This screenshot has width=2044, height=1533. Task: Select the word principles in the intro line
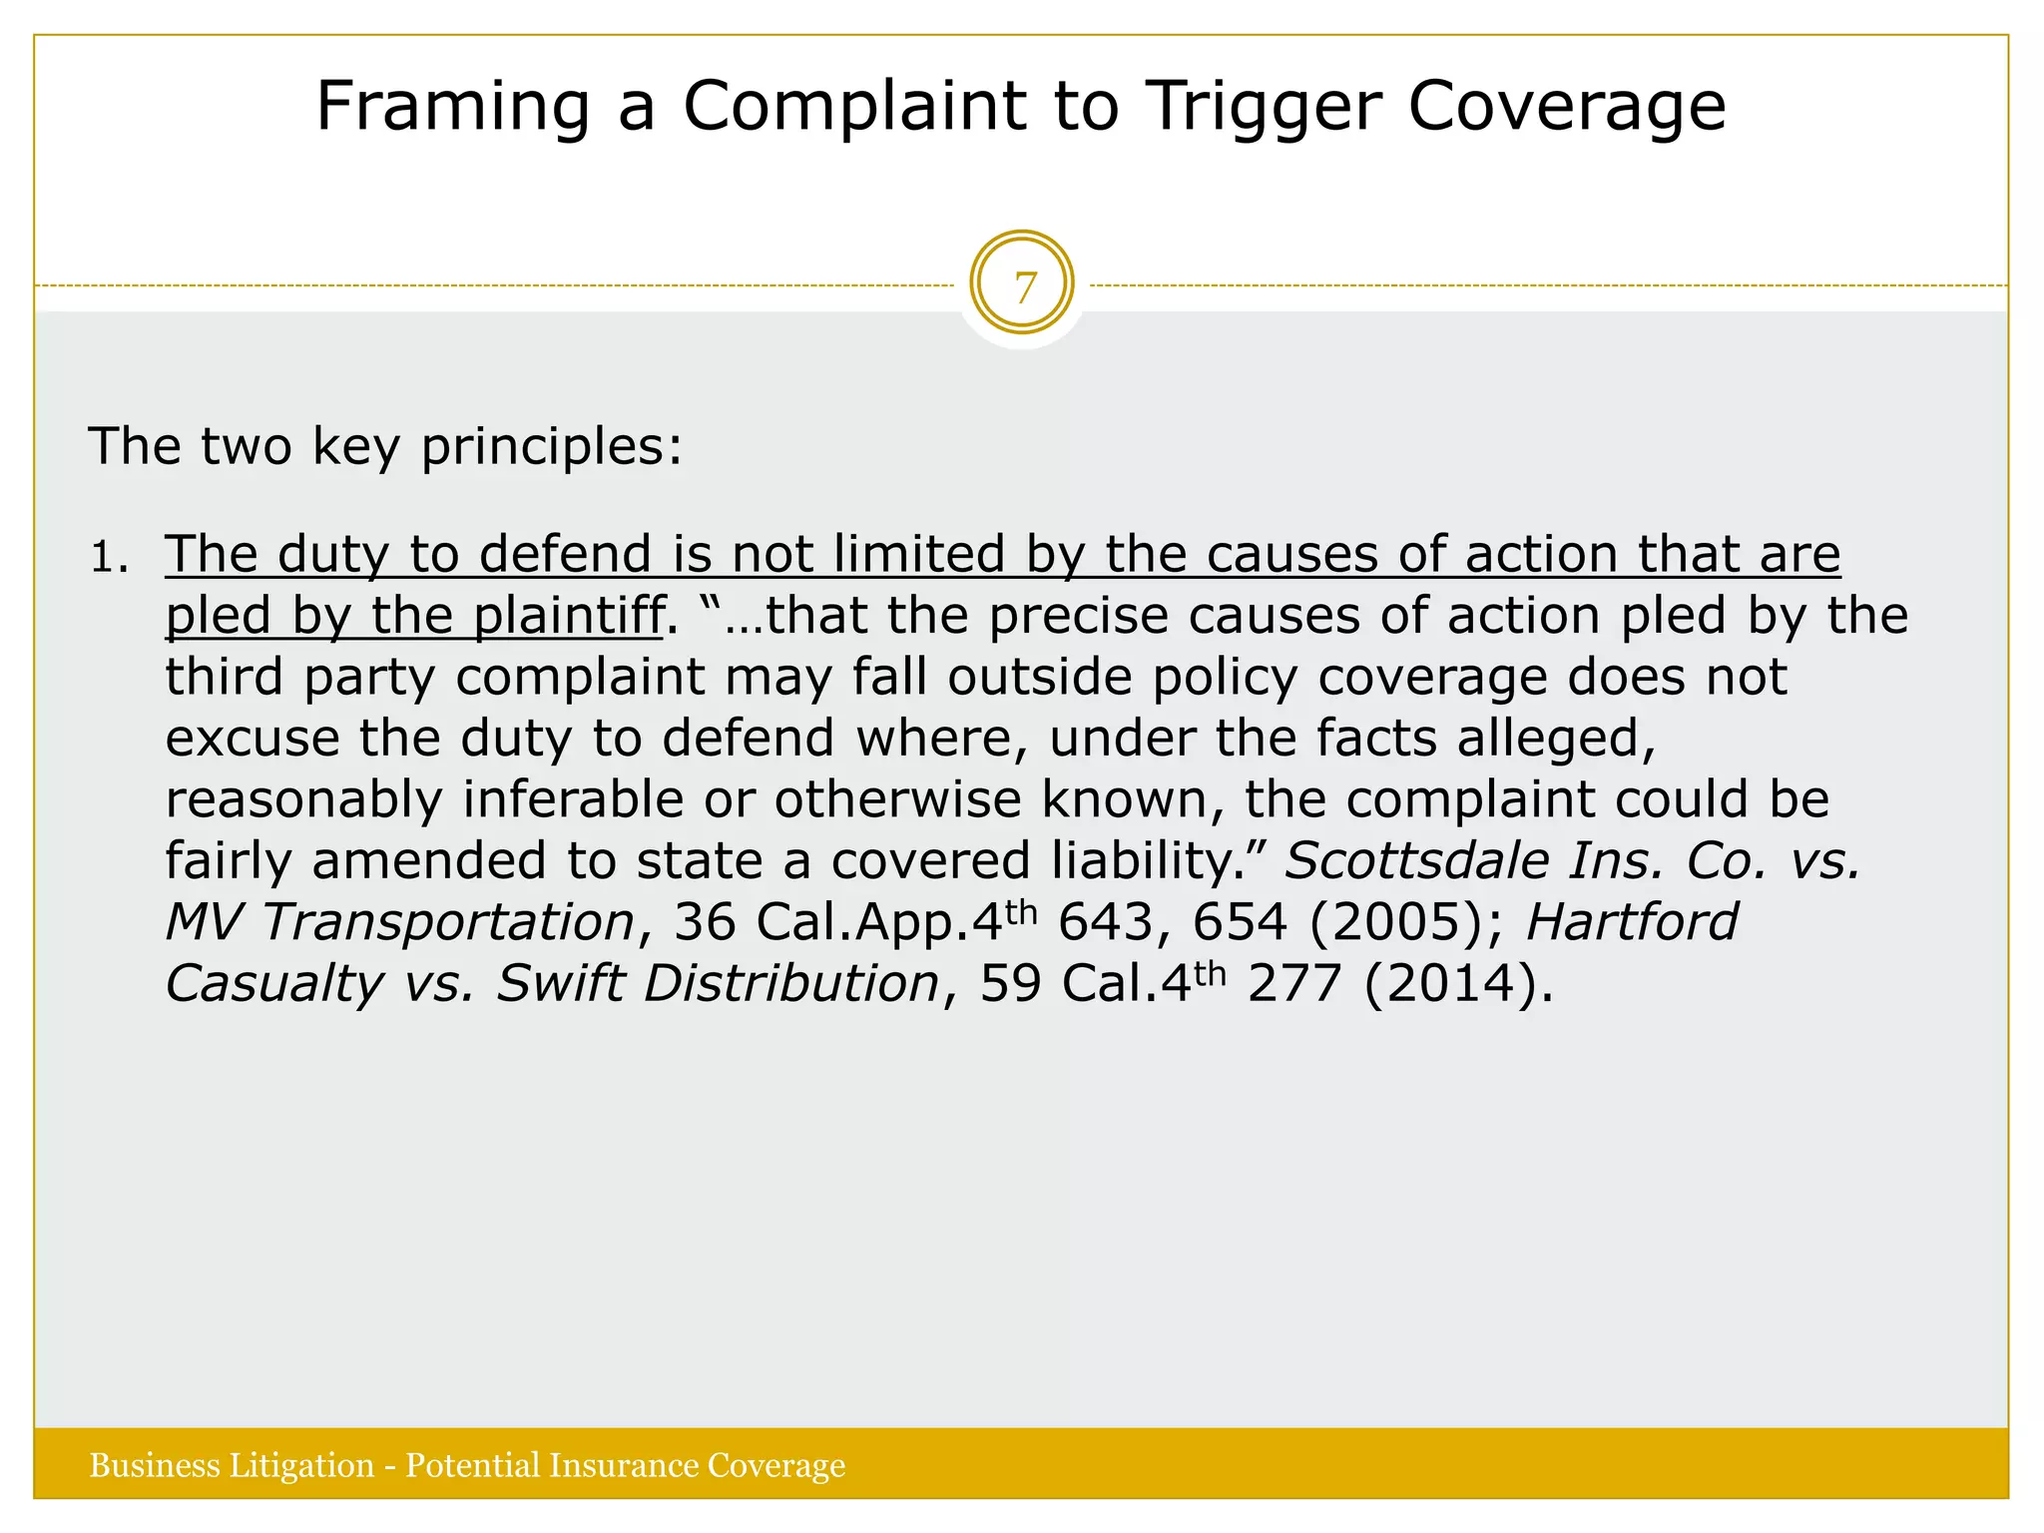(551, 446)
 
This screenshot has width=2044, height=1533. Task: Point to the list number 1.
(107, 558)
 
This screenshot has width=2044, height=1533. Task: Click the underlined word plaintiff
(568, 616)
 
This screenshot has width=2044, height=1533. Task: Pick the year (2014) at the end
(1459, 984)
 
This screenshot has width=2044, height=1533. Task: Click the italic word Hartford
(1632, 922)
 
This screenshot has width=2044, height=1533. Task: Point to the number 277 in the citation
(1293, 984)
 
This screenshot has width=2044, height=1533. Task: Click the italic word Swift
(560, 984)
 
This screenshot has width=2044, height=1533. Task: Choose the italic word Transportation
(448, 922)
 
